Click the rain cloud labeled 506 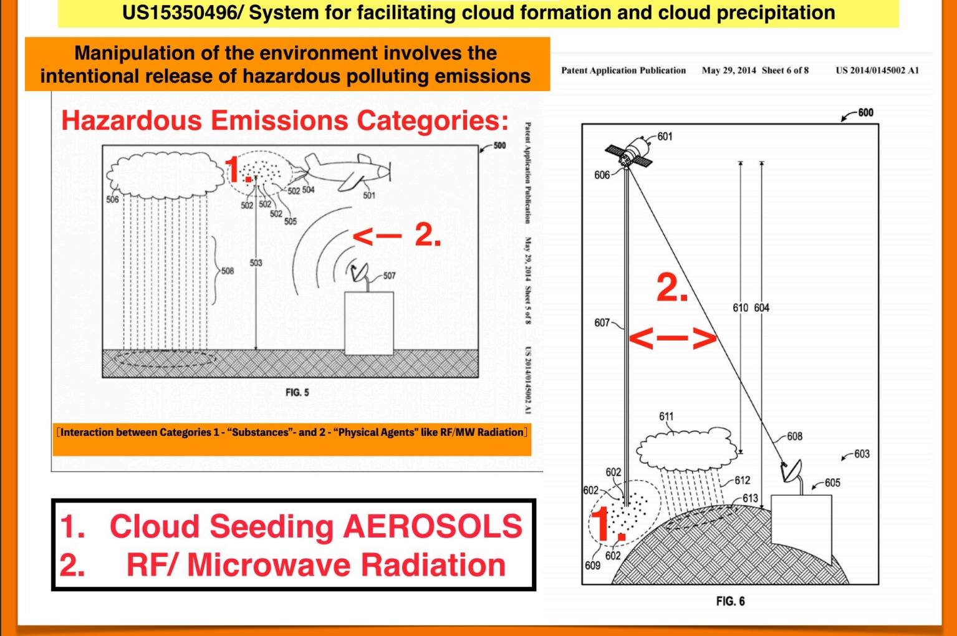click(165, 175)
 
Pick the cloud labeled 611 click(686, 448)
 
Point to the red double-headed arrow click(673, 338)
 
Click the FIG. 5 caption click(297, 392)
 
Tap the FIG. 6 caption click(730, 601)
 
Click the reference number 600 click(865, 113)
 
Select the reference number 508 click(228, 271)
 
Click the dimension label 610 click(741, 308)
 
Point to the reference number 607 click(602, 323)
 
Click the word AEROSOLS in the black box click(433, 526)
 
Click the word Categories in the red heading click(432, 121)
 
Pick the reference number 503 click(256, 263)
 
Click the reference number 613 click(750, 498)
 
